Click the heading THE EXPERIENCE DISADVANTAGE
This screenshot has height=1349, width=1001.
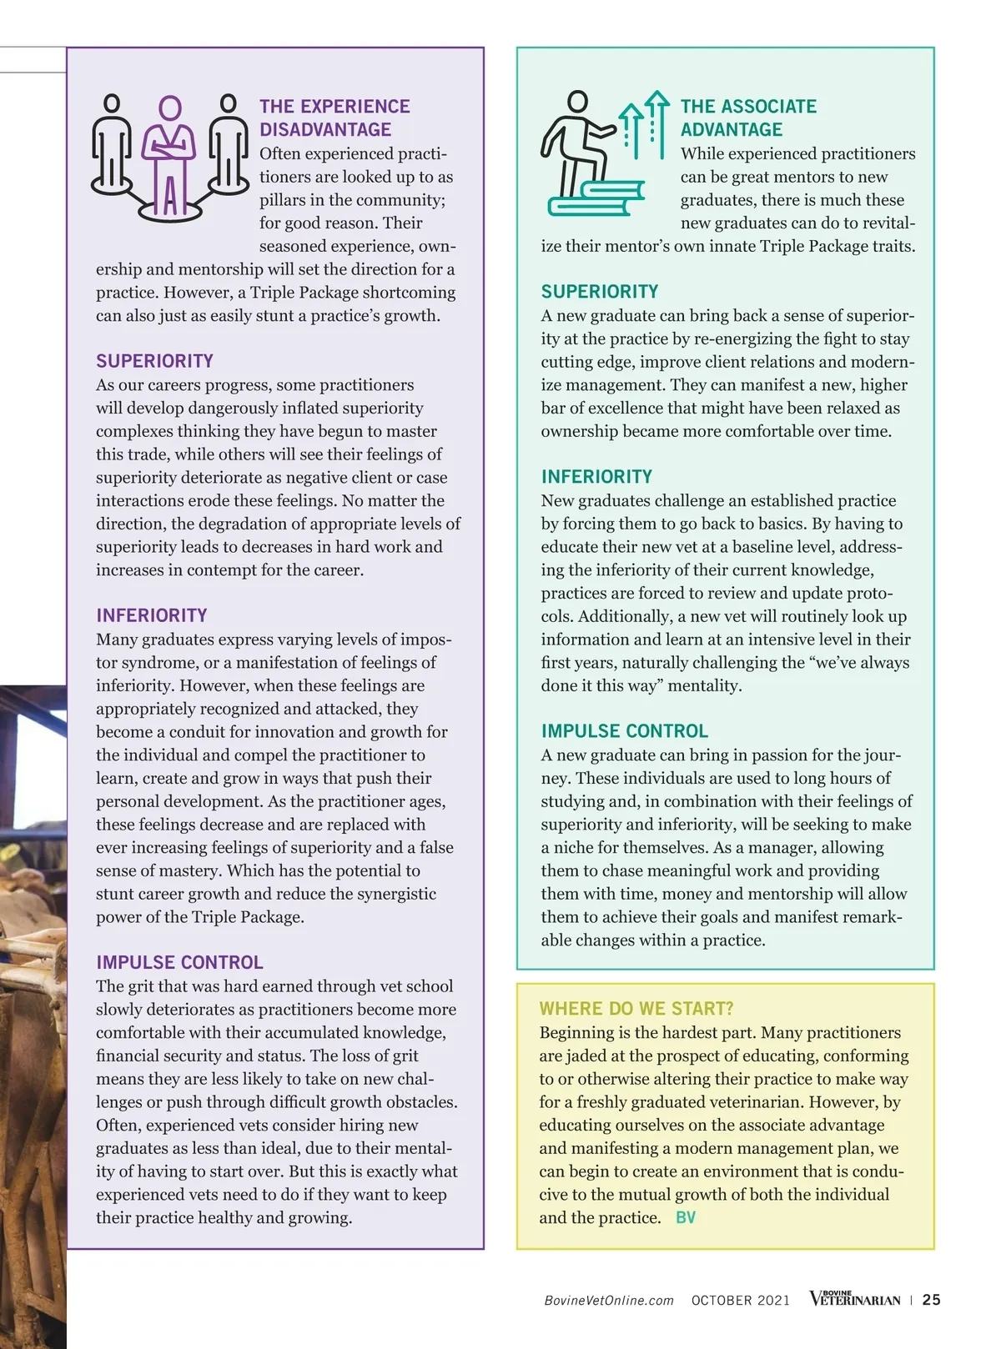pyautogui.click(x=334, y=118)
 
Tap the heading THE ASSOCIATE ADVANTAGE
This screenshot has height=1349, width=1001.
pyautogui.click(x=748, y=118)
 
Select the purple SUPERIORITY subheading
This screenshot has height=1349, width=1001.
pyautogui.click(x=154, y=361)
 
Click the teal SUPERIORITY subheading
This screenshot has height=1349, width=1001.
pyautogui.click(x=600, y=292)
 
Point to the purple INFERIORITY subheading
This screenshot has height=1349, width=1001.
pyautogui.click(x=151, y=615)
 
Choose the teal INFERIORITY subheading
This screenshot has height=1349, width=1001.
pyautogui.click(x=596, y=477)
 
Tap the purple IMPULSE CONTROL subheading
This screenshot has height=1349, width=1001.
pyautogui.click(x=179, y=962)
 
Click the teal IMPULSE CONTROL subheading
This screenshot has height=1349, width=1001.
pyautogui.click(x=624, y=731)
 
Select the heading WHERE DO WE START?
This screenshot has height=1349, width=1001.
pyautogui.click(x=636, y=1009)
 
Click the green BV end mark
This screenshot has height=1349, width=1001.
pyautogui.click(x=685, y=1217)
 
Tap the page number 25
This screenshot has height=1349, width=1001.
pyautogui.click(x=932, y=1300)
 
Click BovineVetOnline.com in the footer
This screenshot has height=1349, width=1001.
pyautogui.click(x=608, y=1301)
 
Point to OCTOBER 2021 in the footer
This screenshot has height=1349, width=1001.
pyautogui.click(x=740, y=1301)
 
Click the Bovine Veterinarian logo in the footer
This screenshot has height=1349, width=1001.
pyautogui.click(x=855, y=1299)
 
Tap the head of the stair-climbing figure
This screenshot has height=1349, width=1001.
pyautogui.click(x=577, y=102)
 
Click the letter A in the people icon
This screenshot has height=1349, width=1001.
pyautogui.click(x=170, y=197)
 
